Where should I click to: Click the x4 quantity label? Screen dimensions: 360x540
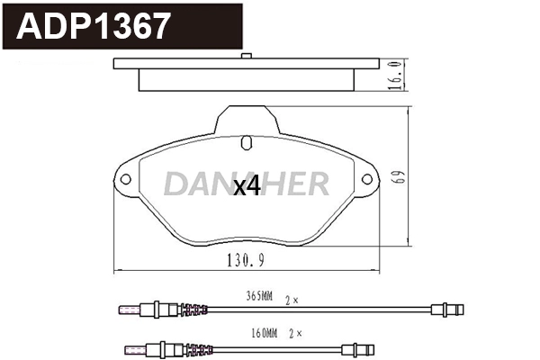246,186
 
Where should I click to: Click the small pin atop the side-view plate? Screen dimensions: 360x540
246,58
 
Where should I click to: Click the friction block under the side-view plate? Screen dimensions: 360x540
246,80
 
